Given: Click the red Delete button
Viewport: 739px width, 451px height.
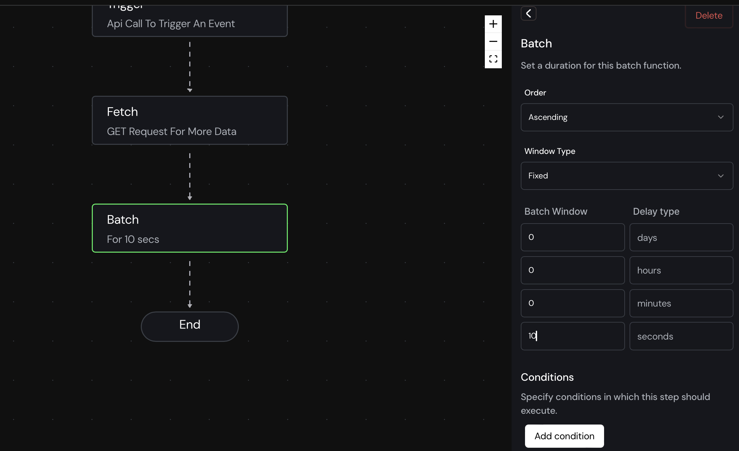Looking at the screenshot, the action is [x=709, y=16].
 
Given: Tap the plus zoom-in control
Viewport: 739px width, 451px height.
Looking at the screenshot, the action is [x=493, y=24].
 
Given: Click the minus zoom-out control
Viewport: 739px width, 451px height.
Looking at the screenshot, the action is [x=493, y=42].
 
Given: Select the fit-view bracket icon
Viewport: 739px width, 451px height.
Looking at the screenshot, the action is [x=493, y=59].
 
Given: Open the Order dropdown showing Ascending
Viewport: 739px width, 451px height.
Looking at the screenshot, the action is [x=627, y=117].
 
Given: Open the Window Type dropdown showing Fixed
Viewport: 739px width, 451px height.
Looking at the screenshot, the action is [x=627, y=176].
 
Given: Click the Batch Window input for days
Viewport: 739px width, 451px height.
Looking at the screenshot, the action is [x=573, y=237].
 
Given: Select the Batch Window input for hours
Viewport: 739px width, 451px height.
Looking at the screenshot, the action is [x=573, y=270].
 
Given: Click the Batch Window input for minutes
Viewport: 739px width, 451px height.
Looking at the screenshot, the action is [x=573, y=303].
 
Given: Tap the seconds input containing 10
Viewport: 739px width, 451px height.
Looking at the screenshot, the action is [x=573, y=336].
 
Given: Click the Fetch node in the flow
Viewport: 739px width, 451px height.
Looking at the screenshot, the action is [x=190, y=120].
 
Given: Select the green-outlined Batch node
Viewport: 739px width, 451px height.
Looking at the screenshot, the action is [x=190, y=228].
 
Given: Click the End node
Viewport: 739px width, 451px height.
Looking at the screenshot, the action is [x=190, y=326].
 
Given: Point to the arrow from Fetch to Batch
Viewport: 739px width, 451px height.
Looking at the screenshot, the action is [x=190, y=176].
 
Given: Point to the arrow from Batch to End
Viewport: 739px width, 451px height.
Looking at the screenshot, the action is [x=190, y=284].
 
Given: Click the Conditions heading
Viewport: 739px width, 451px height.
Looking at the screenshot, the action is [x=547, y=377].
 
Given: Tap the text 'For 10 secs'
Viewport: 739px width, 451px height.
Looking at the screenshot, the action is [x=133, y=239].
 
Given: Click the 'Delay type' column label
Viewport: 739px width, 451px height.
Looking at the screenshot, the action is [x=656, y=211].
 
